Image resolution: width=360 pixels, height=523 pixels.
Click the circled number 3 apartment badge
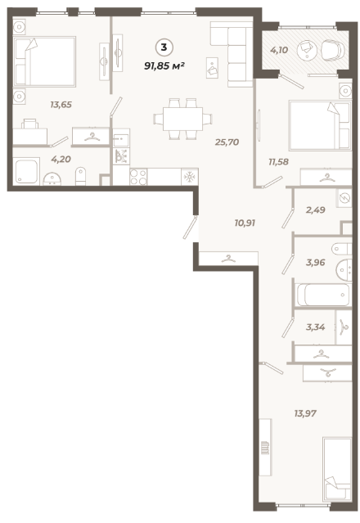(164, 47)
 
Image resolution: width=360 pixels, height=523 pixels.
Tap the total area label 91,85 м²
(164, 65)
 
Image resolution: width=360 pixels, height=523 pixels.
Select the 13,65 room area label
(61, 105)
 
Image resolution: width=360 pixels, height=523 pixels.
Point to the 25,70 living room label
(227, 142)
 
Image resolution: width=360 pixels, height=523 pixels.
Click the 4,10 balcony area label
(279, 51)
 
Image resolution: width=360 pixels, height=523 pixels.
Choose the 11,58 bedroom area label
(279, 162)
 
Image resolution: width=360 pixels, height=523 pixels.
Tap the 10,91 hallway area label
(245, 223)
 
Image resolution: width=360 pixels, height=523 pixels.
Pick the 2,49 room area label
(316, 210)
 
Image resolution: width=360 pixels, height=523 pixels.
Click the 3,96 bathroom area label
(315, 263)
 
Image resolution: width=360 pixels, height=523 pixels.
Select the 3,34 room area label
(315, 327)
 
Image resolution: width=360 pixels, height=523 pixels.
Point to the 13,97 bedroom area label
(305, 413)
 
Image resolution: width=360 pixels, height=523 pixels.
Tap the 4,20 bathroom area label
(61, 159)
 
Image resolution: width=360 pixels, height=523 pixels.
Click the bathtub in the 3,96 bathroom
(323, 295)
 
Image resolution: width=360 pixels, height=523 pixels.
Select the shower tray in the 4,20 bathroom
(26, 171)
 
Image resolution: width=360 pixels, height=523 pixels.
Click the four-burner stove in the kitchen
(138, 177)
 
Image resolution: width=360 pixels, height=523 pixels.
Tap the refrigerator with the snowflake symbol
(190, 177)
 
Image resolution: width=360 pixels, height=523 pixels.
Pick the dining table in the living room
(182, 119)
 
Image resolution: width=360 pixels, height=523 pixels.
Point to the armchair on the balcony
(333, 51)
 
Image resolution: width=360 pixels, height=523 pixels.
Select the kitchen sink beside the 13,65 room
(121, 138)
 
